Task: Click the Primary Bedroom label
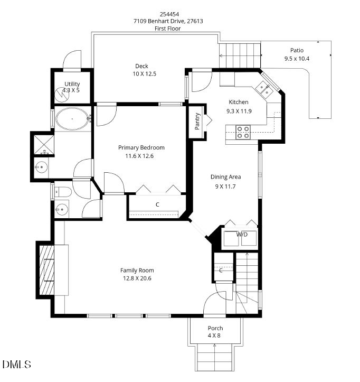(x=141, y=147)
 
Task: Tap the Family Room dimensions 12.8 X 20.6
(x=137, y=278)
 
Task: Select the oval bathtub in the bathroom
(x=73, y=119)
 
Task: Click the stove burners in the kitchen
(x=243, y=132)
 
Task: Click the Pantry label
(x=197, y=121)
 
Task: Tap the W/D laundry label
(x=242, y=234)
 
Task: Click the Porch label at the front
(x=215, y=328)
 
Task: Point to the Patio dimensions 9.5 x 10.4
(x=297, y=59)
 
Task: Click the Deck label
(x=141, y=66)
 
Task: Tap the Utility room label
(x=72, y=84)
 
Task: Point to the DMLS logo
(x=17, y=365)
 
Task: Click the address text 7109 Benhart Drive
(x=168, y=21)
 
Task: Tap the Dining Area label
(x=225, y=177)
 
